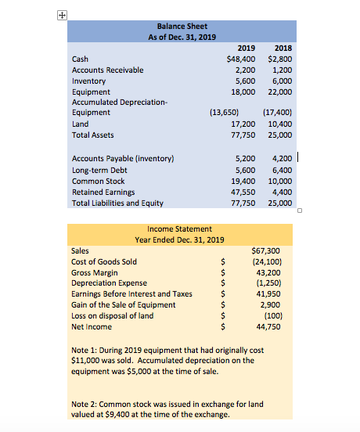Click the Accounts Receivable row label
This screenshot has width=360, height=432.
coord(107,70)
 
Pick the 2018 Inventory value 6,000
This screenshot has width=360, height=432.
coord(280,80)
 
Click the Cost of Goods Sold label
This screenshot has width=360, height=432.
coord(104,261)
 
